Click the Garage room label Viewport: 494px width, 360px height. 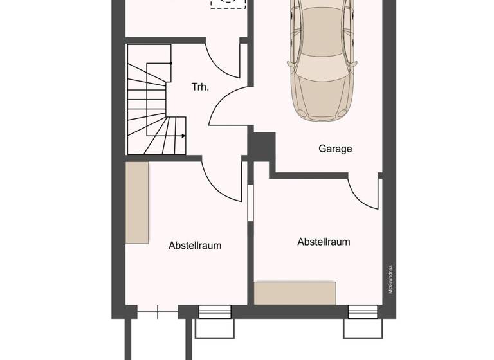tap(335, 148)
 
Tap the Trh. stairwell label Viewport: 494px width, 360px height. tap(200, 87)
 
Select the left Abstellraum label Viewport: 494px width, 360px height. tap(199, 246)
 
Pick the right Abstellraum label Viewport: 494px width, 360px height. tap(324, 242)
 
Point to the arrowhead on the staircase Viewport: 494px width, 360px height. tap(183, 136)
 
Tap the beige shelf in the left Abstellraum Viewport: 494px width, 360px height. tap(137, 202)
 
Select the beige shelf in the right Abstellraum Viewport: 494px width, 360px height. tap(295, 292)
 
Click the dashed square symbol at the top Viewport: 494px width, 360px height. tap(228, 3)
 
